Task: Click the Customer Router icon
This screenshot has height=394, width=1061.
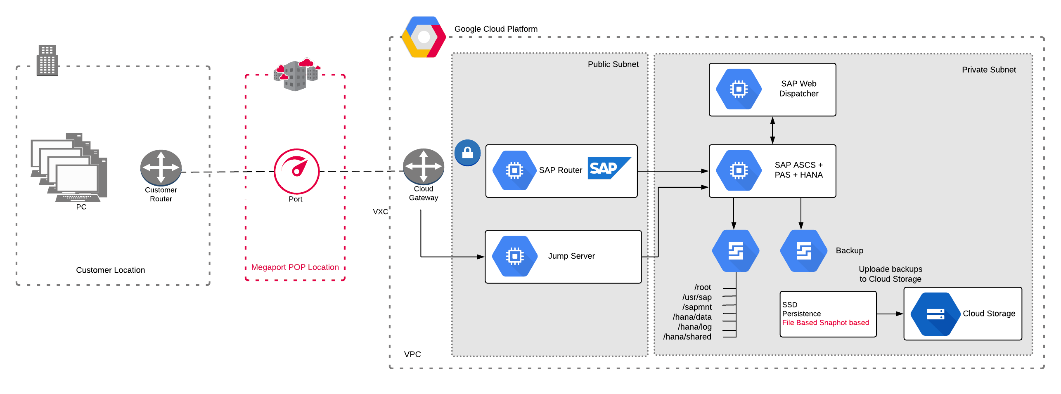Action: pyautogui.click(x=161, y=167)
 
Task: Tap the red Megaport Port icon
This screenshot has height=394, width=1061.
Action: pyautogui.click(x=296, y=171)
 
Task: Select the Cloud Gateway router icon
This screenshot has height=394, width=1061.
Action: pyautogui.click(x=423, y=166)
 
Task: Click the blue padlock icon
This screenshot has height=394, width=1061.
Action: pyautogui.click(x=467, y=153)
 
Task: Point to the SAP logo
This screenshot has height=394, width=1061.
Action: pyautogui.click(x=608, y=168)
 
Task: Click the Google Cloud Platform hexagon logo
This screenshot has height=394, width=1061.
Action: pyautogui.click(x=424, y=37)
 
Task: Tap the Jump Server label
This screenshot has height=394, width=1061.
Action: pyautogui.click(x=571, y=256)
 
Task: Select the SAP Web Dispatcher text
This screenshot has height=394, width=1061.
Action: pyautogui.click(x=798, y=89)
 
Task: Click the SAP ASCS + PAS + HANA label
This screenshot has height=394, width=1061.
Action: pyautogui.click(x=798, y=170)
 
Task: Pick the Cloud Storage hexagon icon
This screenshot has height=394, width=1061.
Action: pyautogui.click(x=935, y=314)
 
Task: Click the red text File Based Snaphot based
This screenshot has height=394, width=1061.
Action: pyautogui.click(x=825, y=323)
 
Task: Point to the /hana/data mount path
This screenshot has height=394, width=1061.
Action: pyautogui.click(x=692, y=317)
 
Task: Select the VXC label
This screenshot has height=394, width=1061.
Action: pyautogui.click(x=380, y=212)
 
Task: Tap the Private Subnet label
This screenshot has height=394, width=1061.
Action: pyautogui.click(x=988, y=70)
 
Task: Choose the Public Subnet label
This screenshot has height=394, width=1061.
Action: pyautogui.click(x=613, y=64)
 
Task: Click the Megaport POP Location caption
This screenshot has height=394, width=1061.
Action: pyautogui.click(x=295, y=267)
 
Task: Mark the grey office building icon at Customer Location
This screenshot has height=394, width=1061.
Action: pyautogui.click(x=47, y=60)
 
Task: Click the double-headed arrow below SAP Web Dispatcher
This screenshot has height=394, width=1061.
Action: pyautogui.click(x=772, y=130)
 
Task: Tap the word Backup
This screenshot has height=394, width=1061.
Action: pyautogui.click(x=849, y=251)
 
